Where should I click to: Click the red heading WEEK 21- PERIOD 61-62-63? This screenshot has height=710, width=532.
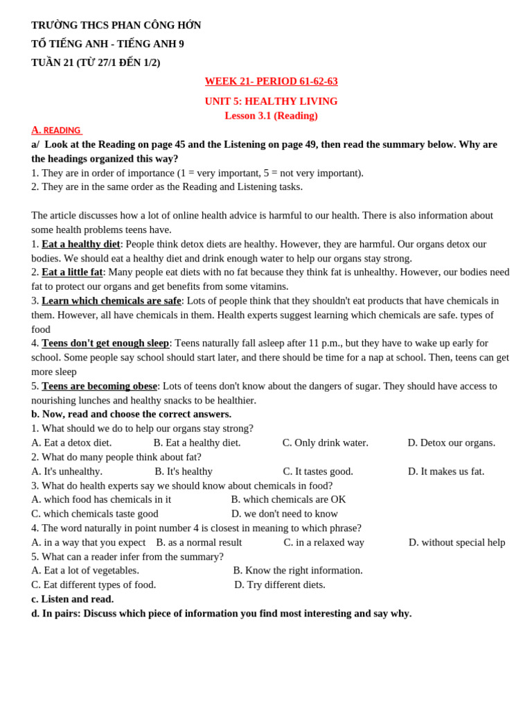(x=271, y=81)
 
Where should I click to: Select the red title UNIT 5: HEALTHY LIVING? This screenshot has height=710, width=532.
(x=271, y=101)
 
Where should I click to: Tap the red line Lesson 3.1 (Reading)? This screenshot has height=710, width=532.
(x=271, y=116)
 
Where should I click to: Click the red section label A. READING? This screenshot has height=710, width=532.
(x=56, y=130)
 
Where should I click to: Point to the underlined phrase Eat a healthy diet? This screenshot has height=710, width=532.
(x=81, y=244)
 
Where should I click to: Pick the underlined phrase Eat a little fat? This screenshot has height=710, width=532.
(x=72, y=272)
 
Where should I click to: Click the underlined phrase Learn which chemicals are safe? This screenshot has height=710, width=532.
(x=112, y=301)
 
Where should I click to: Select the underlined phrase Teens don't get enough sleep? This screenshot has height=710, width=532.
(x=105, y=343)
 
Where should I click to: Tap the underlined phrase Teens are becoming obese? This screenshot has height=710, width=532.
(x=99, y=386)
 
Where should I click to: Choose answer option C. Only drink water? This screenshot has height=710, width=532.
(x=325, y=443)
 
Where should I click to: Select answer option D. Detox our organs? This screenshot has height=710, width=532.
(x=451, y=443)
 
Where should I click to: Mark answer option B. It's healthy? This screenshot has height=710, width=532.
(x=184, y=471)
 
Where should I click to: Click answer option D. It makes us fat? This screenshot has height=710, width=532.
(x=446, y=471)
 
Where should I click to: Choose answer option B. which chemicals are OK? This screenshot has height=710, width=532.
(x=288, y=500)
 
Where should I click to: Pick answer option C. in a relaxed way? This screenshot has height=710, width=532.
(x=323, y=543)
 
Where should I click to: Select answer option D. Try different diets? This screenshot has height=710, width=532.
(x=280, y=585)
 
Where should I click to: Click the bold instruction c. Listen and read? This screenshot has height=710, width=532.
(x=73, y=599)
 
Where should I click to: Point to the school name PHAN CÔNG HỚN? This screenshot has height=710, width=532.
(x=157, y=26)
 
